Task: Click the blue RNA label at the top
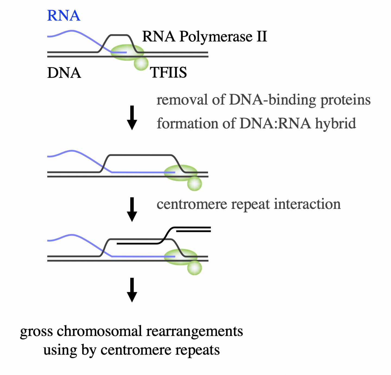tap(64, 16)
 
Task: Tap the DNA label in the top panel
tap(64, 73)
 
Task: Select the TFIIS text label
tap(168, 73)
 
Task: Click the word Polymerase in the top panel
tap(216, 37)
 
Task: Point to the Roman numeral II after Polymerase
tap(262, 36)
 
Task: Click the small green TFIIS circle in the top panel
tap(141, 64)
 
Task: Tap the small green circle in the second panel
tap(194, 184)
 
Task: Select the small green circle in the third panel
tap(194, 268)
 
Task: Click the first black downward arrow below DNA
tap(132, 118)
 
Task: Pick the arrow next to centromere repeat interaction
tap(132, 209)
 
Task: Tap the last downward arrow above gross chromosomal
tap(132, 290)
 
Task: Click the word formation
tap(188, 123)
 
